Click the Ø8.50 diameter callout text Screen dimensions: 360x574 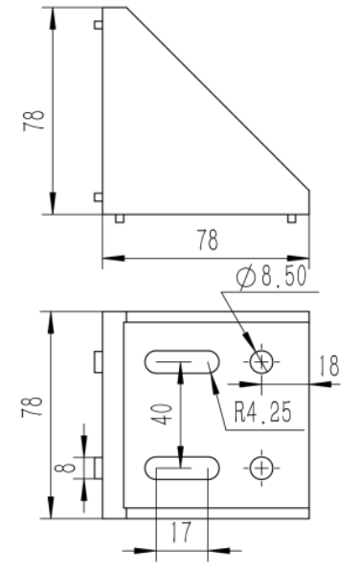[x=271, y=276]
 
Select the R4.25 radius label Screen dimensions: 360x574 [x=262, y=412]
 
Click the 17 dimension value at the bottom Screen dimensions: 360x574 [x=181, y=532]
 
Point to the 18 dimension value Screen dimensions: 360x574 [x=329, y=366]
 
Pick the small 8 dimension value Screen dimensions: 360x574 [x=65, y=468]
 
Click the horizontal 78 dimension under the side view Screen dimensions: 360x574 [x=208, y=240]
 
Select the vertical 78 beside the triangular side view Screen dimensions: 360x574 [x=34, y=121]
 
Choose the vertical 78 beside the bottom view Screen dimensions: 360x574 [x=32, y=406]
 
